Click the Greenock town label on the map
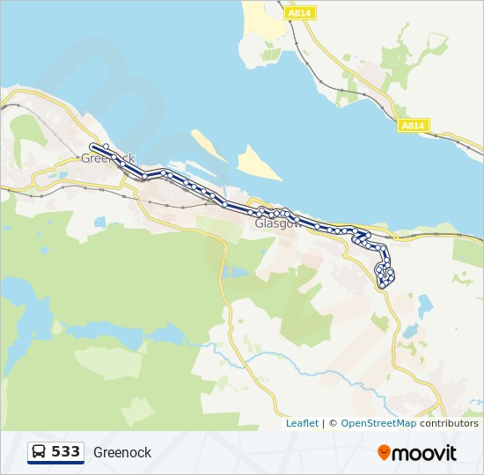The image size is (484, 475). pos(107,159)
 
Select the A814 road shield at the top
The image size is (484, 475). pos(300,13)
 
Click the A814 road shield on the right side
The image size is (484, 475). pos(412,126)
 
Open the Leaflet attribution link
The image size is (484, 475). pos(302,423)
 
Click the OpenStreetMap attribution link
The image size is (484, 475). pos(378,423)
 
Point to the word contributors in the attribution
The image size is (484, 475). pos(449,423)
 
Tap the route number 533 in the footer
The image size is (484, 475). pos(66,452)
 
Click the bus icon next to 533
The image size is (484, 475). pos(40,452)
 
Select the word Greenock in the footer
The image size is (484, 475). pos(122,453)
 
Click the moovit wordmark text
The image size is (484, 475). pos(424,453)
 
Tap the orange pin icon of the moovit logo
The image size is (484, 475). pos(384,453)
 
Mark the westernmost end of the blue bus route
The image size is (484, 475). pos(92,147)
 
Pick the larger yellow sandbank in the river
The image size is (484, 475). pos(259,163)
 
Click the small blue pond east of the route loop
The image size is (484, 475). pos(425,306)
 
